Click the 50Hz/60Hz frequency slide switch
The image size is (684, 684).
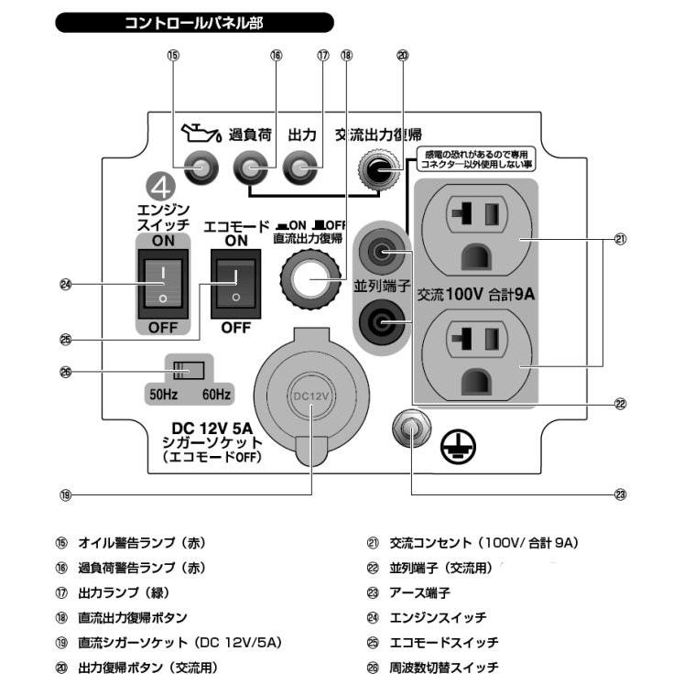coord(188,371)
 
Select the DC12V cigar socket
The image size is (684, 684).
coord(309,396)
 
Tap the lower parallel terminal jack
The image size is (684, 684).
coord(377,321)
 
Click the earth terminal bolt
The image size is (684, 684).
coord(411,429)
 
